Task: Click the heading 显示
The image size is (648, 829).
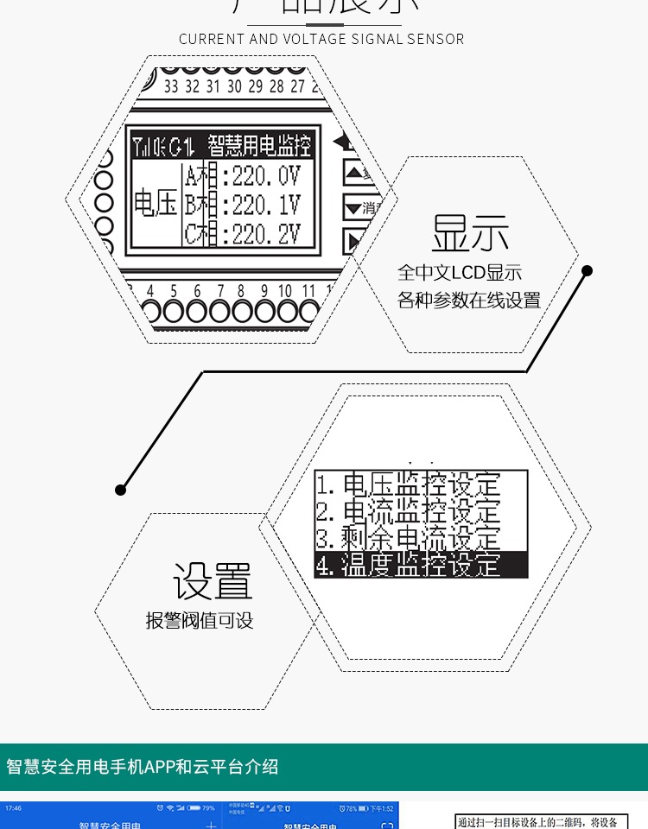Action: tap(470, 233)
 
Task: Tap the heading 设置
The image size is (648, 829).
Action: tap(212, 581)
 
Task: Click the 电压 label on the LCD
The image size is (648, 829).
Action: tap(156, 206)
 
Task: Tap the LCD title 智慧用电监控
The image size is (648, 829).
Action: tap(258, 144)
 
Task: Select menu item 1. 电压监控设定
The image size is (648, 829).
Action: tap(408, 484)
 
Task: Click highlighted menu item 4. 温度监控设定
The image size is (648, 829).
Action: tap(420, 565)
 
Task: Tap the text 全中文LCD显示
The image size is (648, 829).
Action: tap(460, 274)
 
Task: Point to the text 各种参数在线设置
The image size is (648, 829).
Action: tap(469, 301)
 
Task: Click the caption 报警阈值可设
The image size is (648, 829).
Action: tap(200, 621)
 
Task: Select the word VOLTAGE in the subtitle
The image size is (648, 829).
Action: tap(314, 39)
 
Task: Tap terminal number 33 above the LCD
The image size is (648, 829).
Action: tap(170, 86)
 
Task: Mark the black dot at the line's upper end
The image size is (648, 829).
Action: tap(588, 270)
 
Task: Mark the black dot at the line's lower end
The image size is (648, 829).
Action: tap(121, 490)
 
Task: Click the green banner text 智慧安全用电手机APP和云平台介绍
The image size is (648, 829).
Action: tap(143, 767)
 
